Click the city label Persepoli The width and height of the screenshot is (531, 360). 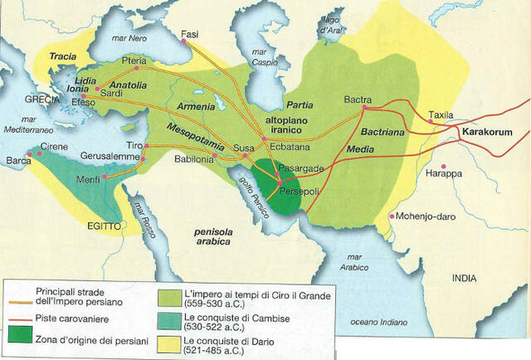point(305,190)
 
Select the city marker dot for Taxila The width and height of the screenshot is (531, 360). point(430,120)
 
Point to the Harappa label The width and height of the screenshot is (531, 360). point(467,175)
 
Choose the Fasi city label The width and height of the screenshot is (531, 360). point(190,34)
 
